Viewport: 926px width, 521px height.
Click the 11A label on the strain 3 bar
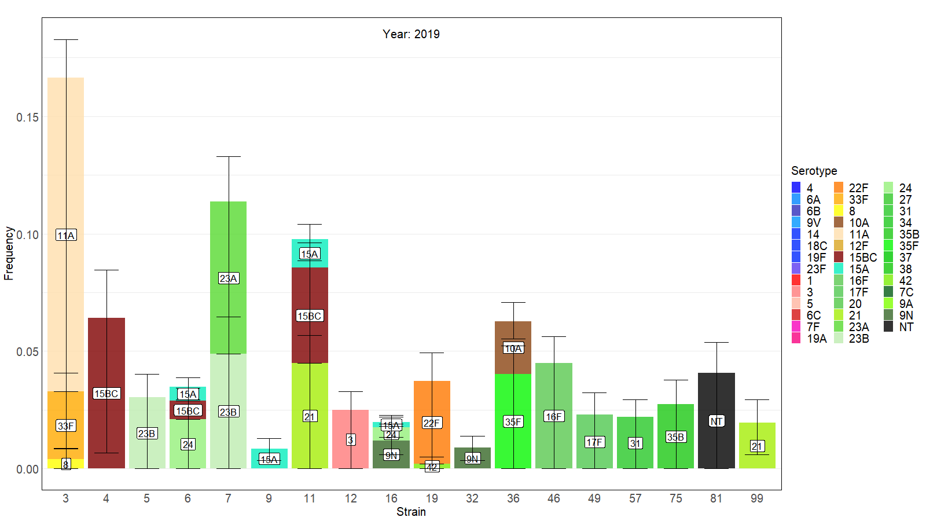66,235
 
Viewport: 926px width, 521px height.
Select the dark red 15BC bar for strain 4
106,359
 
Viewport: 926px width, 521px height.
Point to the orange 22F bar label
432,423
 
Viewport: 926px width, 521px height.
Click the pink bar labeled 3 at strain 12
350,428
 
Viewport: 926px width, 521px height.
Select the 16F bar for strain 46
554,394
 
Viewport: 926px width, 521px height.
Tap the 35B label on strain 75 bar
675,437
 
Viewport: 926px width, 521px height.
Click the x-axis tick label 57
635,498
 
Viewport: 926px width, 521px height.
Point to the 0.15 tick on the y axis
28,118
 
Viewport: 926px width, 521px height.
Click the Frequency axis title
9,253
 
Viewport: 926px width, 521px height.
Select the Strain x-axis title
411,512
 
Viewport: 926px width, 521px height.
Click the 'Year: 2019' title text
411,34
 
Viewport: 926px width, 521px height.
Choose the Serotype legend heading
814,171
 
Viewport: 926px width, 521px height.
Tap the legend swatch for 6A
796,200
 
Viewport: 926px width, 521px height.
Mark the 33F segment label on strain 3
66,426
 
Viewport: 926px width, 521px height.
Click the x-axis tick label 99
756,498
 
